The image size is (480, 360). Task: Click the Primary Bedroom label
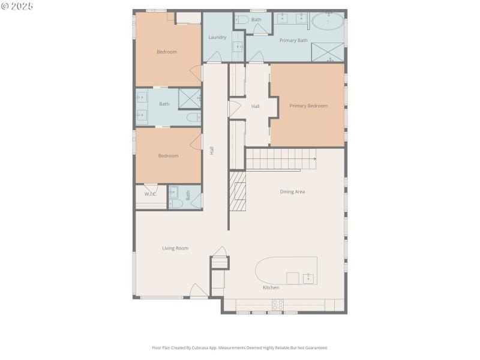pyautogui.click(x=308, y=106)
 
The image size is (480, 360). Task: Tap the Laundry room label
pyautogui.click(x=217, y=37)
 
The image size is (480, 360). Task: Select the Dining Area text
pyautogui.click(x=292, y=192)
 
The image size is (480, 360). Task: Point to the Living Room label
pyautogui.click(x=175, y=248)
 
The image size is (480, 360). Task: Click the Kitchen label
pyautogui.click(x=271, y=288)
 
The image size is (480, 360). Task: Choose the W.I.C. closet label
pyautogui.click(x=150, y=194)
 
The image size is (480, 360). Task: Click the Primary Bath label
pyautogui.click(x=293, y=40)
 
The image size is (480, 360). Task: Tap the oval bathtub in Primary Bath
pyautogui.click(x=328, y=23)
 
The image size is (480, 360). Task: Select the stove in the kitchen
pyautogui.click(x=277, y=305)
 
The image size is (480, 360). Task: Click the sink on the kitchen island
pyautogui.click(x=308, y=278)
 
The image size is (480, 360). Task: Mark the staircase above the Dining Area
pyautogui.click(x=281, y=160)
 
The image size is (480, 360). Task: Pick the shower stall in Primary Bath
pyautogui.click(x=328, y=52)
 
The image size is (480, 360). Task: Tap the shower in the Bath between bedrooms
pyautogui.click(x=190, y=98)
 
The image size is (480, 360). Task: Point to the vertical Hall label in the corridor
pyautogui.click(x=212, y=151)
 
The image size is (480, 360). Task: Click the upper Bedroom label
pyautogui.click(x=167, y=52)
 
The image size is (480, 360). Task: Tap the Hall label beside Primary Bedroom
pyautogui.click(x=255, y=106)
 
